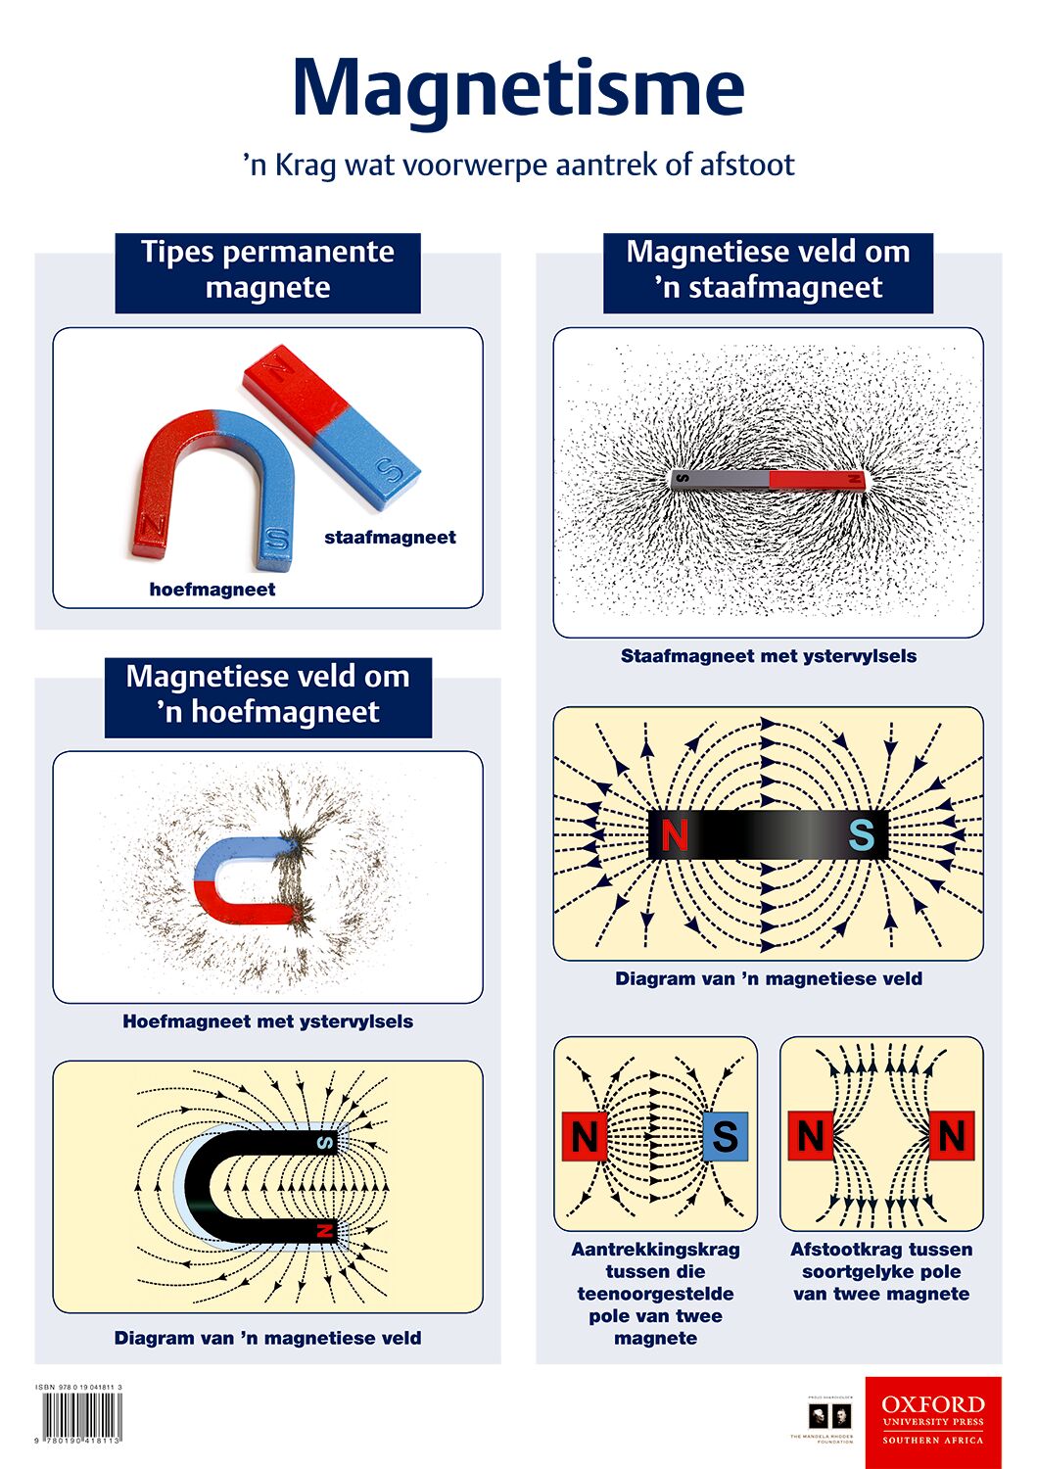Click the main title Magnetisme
518,88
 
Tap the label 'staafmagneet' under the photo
390,537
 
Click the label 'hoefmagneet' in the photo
212,590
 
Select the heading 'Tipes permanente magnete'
267,270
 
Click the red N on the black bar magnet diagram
675,835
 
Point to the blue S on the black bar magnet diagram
861,835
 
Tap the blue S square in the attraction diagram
725,1137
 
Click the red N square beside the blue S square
585,1137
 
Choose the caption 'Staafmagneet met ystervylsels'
768,656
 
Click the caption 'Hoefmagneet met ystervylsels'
267,1021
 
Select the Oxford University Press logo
932,1421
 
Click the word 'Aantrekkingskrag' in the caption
655,1250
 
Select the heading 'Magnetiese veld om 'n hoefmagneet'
267,694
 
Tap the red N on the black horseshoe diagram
325,1230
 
